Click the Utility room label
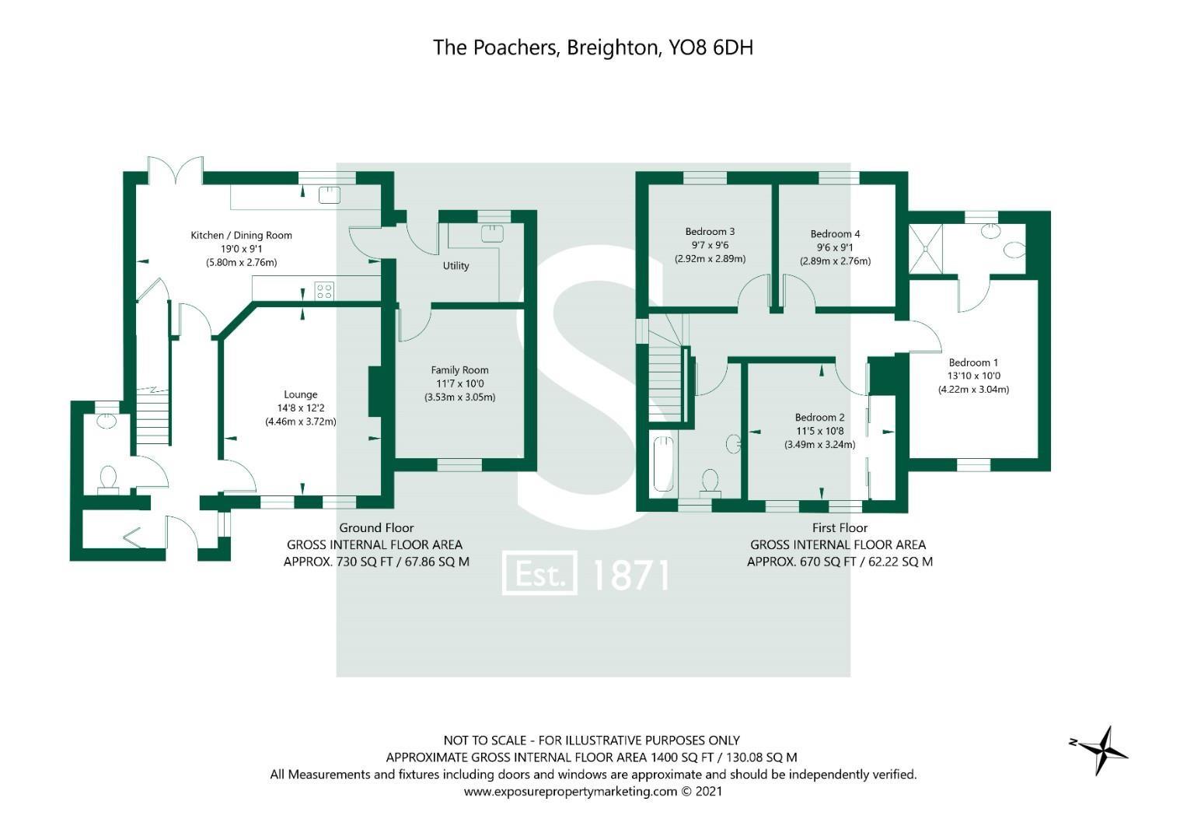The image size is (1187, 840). click(456, 266)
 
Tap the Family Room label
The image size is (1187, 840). click(459, 370)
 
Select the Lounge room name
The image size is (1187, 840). click(300, 394)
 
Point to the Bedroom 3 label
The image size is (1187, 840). click(710, 232)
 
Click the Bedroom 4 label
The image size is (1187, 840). click(835, 234)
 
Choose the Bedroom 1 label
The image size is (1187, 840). click(973, 362)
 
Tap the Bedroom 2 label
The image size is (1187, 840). click(819, 418)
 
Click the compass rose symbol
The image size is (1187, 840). click(1101, 750)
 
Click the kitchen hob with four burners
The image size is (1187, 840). click(324, 292)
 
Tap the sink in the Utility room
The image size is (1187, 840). click(491, 233)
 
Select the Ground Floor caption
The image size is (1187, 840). click(376, 528)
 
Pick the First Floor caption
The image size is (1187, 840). click(840, 528)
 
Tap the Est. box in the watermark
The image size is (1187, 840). click(539, 574)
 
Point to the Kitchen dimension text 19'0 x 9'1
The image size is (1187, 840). click(241, 249)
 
